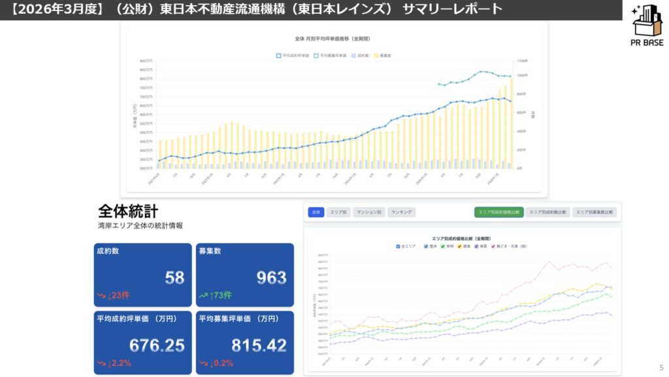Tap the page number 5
[x=661, y=367]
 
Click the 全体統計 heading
[x=128, y=211]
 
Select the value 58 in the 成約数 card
[x=174, y=278]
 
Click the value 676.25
[x=157, y=345]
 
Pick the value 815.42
[x=259, y=345]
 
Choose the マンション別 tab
[x=369, y=212]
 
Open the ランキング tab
[x=401, y=212]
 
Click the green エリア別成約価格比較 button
[x=498, y=212]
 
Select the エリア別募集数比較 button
[x=595, y=212]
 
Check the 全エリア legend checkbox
[x=399, y=246]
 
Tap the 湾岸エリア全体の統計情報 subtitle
[x=140, y=225]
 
